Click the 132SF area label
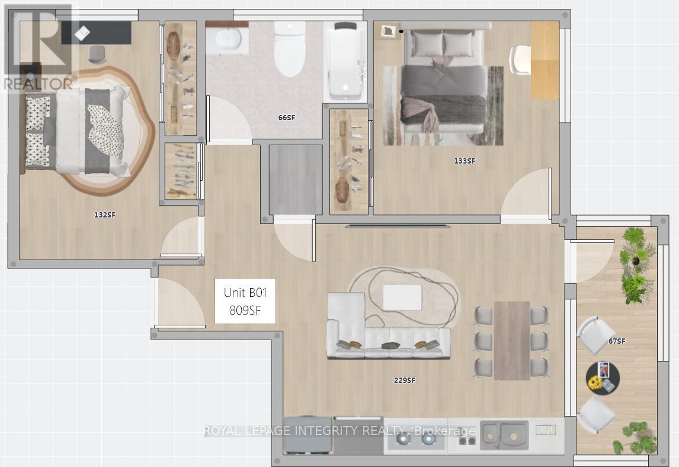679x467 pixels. (105, 215)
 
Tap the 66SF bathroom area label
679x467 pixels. (287, 117)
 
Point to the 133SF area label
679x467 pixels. (464, 161)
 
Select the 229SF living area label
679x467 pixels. (405, 380)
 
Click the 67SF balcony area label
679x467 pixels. (617, 341)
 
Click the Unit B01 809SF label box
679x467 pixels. (245, 301)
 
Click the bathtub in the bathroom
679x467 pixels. (345, 62)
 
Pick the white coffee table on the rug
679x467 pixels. (402, 298)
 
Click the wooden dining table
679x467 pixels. (511, 341)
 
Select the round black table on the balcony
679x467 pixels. (603, 378)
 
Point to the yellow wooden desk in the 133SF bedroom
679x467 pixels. (545, 60)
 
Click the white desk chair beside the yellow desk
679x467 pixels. (520, 60)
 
